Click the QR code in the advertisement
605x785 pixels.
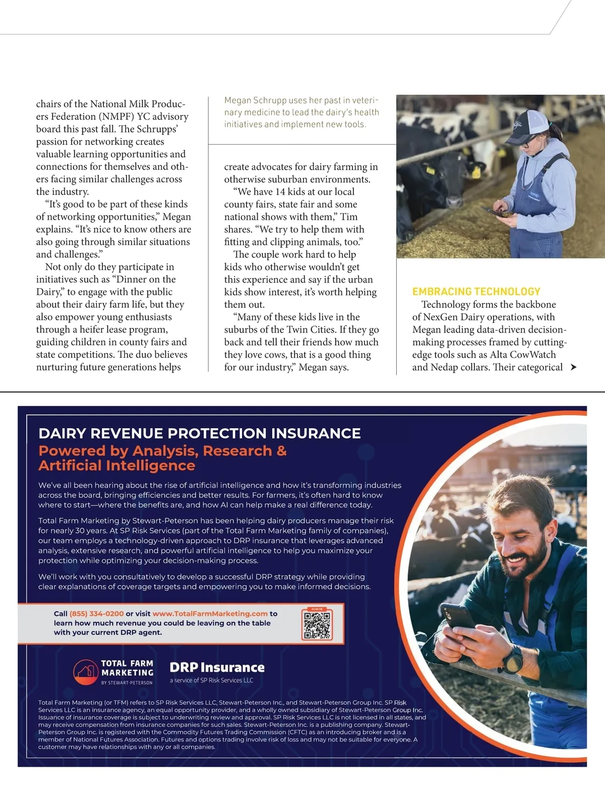(x=317, y=624)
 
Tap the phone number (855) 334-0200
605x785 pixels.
(x=96, y=614)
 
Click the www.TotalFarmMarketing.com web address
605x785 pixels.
(x=210, y=614)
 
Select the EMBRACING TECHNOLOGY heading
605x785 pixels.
(x=476, y=292)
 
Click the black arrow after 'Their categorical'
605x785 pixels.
(x=573, y=367)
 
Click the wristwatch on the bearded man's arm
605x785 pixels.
(x=513, y=658)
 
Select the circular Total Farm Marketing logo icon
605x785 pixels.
(x=86, y=672)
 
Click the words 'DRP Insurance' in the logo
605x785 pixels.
(x=217, y=668)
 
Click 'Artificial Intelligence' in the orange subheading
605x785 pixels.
(x=116, y=466)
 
